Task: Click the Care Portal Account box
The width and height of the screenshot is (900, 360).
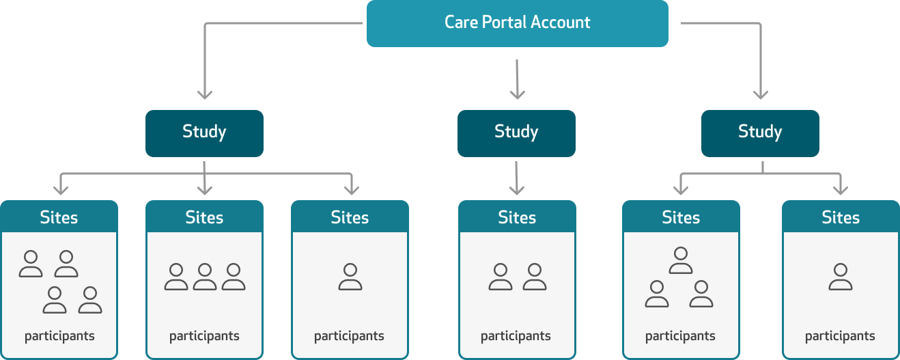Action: (517, 23)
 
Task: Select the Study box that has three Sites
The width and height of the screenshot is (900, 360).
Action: (204, 133)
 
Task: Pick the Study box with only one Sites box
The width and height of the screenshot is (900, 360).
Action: (516, 133)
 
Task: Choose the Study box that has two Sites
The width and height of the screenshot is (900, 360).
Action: (760, 133)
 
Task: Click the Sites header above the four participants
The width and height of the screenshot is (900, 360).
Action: (59, 217)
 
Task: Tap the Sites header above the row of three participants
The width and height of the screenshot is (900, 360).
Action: (204, 217)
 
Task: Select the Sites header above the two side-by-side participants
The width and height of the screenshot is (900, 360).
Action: (517, 217)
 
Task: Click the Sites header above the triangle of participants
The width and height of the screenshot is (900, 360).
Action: (681, 217)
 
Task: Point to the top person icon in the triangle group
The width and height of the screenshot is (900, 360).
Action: (681, 260)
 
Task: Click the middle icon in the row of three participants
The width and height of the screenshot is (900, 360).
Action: (205, 277)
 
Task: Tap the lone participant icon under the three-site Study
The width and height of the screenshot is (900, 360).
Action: (350, 277)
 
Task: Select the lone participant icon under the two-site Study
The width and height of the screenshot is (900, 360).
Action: (841, 277)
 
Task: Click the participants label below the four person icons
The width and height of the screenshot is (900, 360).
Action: (59, 336)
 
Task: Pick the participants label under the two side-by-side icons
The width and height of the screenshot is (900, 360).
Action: (516, 336)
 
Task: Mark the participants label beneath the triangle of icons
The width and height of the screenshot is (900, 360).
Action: (680, 336)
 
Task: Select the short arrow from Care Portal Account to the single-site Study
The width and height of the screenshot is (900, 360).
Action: (517, 79)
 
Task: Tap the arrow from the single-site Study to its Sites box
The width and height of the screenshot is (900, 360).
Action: (517, 179)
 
